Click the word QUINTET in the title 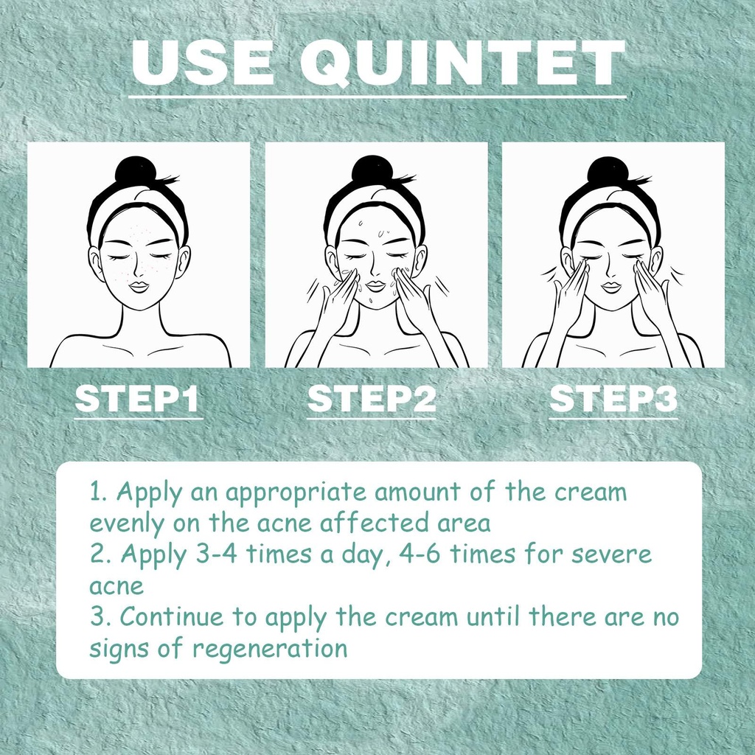462,63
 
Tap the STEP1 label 137,399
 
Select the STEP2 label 372,399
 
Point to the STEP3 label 613,399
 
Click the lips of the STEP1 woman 139,287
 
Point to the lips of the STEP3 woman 611,287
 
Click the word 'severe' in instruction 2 611,555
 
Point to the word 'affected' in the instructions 374,523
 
